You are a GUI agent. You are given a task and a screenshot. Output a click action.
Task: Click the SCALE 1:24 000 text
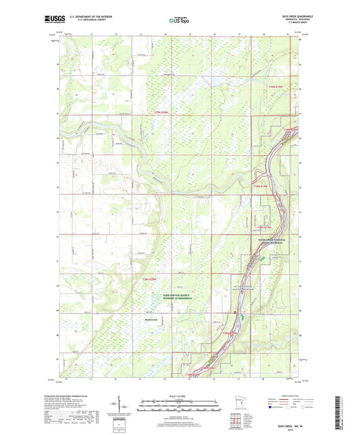click(x=180, y=396)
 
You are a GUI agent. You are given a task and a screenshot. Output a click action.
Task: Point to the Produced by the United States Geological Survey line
click(x=75, y=396)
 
